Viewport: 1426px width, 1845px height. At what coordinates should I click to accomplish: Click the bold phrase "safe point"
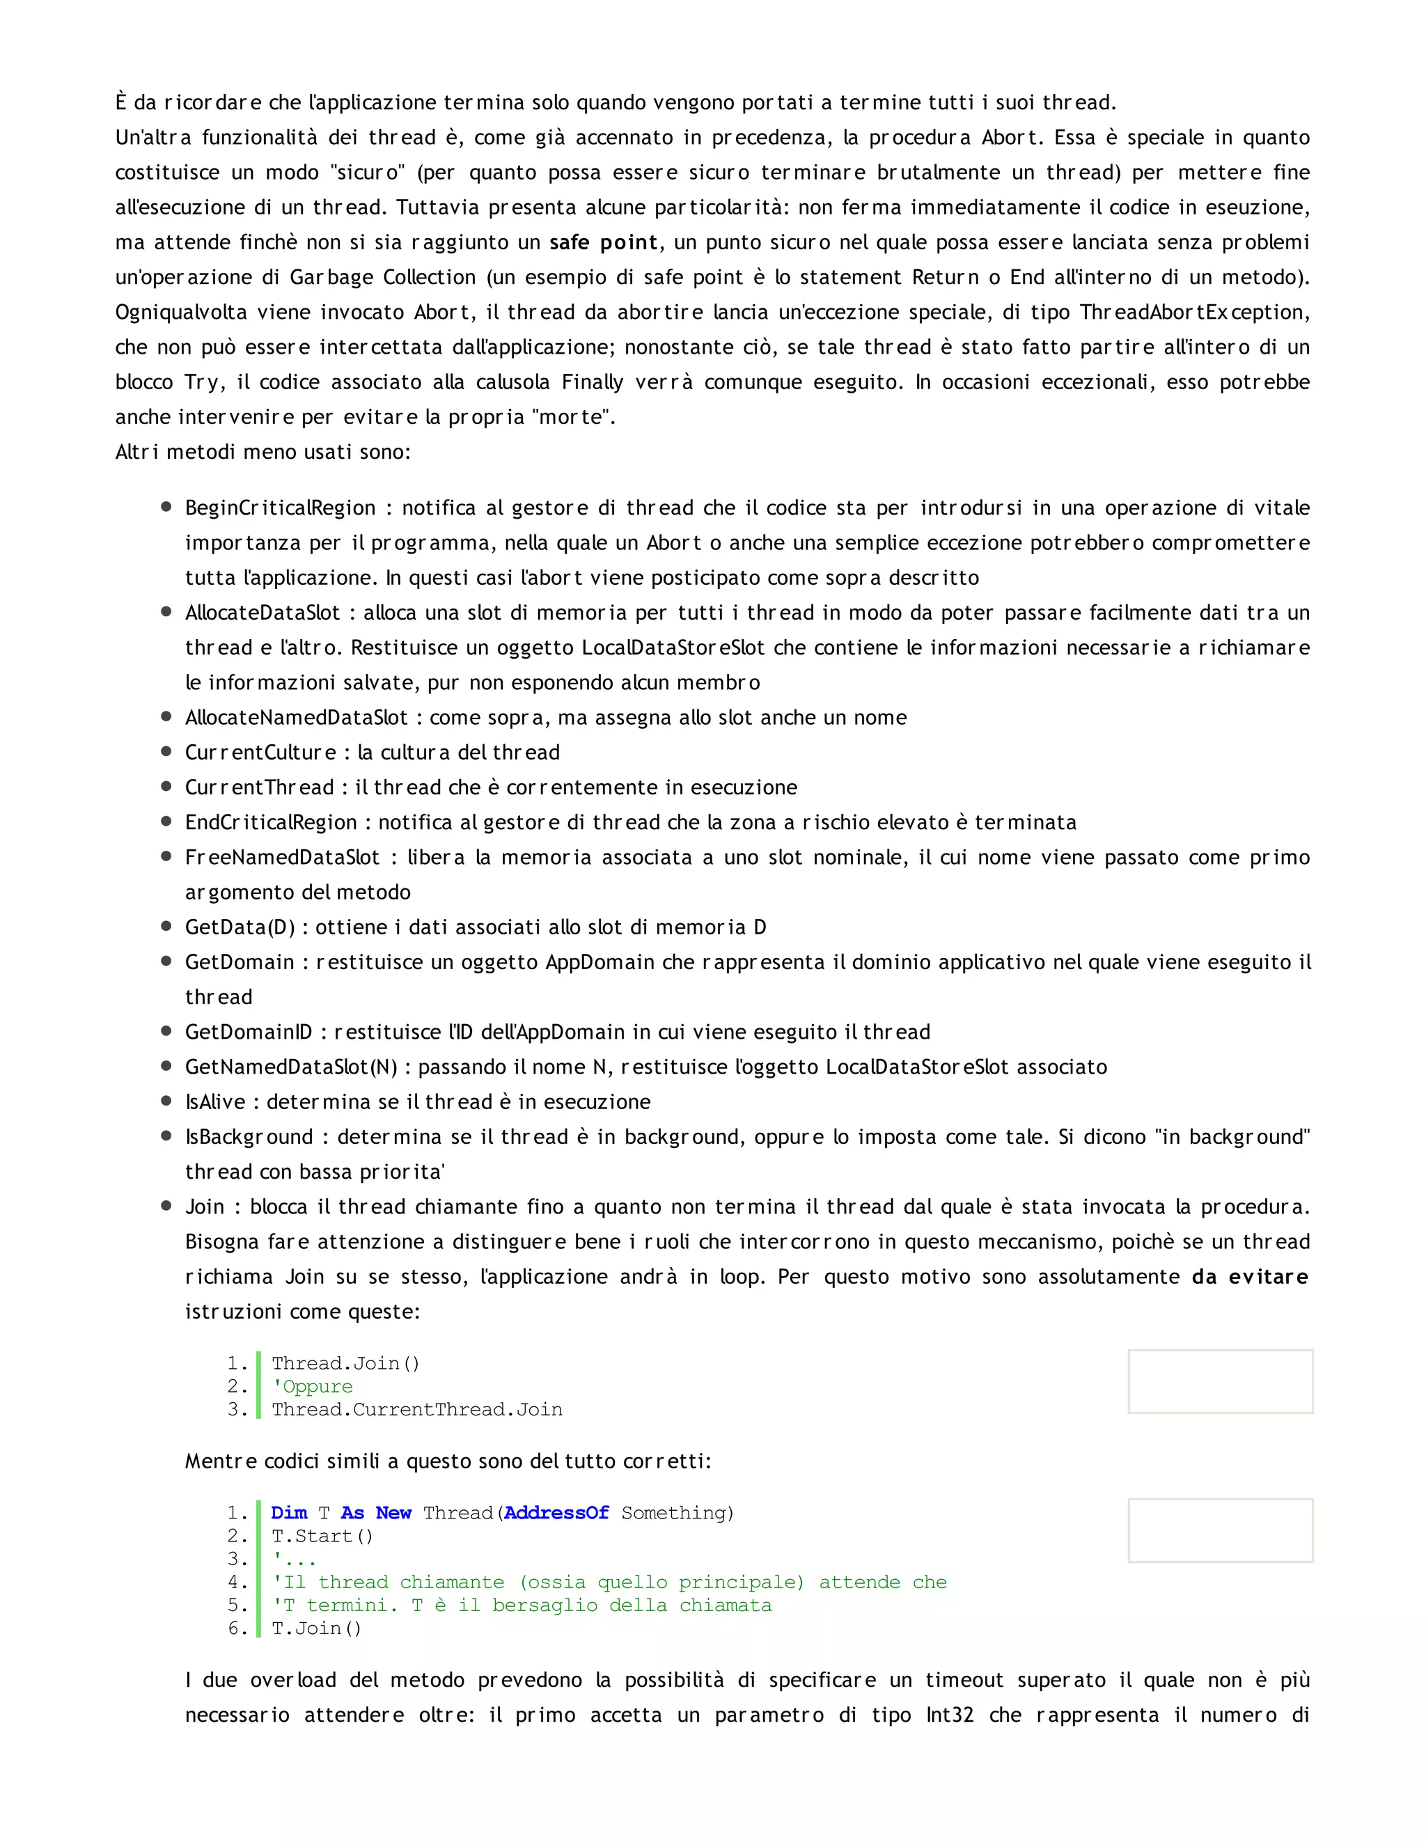603,242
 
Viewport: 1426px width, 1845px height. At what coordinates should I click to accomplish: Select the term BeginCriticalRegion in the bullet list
280,508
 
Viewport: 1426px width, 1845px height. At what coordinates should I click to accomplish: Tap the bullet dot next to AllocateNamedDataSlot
166,716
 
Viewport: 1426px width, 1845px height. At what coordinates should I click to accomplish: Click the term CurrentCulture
260,752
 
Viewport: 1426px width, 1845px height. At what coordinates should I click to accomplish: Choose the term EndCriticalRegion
271,822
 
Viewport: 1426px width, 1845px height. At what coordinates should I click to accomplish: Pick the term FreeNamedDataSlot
282,858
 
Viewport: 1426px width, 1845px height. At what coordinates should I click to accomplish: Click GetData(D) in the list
240,927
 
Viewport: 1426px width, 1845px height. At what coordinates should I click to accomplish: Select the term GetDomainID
249,1032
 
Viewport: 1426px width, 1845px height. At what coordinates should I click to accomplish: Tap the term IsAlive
214,1101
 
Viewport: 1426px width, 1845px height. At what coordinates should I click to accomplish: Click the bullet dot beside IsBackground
166,1136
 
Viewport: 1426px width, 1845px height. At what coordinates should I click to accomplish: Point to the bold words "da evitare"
1249,1276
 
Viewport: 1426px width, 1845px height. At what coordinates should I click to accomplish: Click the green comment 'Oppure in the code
313,1386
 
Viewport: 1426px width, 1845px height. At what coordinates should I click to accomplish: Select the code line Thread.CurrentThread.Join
416,1409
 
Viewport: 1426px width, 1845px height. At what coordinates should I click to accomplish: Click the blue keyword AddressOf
556,1512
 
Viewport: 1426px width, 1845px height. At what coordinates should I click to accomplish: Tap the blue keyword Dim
289,1512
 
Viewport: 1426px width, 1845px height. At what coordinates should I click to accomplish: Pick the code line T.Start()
322,1536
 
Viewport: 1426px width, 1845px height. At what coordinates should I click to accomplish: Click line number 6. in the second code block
237,1628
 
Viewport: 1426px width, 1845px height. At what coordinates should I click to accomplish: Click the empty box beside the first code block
1220,1381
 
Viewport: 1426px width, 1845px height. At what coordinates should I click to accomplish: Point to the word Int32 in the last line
950,1715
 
